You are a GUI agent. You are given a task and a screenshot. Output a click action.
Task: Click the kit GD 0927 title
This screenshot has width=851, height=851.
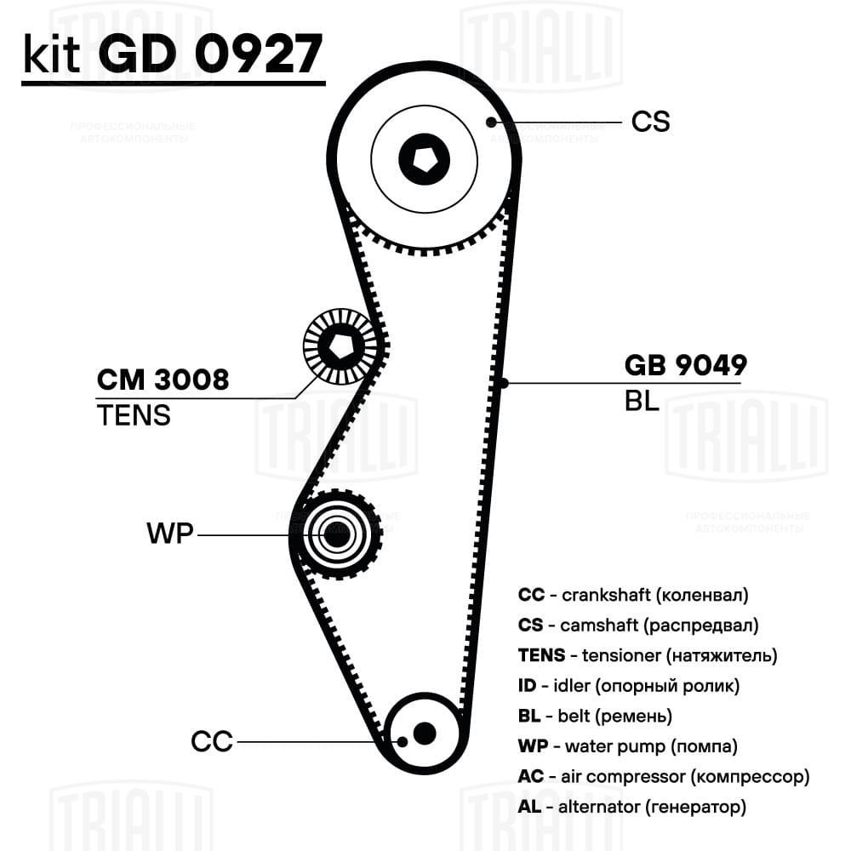(x=173, y=54)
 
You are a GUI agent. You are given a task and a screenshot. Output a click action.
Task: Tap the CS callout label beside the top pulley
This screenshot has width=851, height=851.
(x=650, y=122)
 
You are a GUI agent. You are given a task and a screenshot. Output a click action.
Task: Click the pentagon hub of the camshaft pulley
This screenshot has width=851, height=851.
(x=425, y=160)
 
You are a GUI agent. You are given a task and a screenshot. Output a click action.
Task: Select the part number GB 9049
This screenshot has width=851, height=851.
(x=685, y=365)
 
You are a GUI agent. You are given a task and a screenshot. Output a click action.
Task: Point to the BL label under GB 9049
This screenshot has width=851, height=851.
(x=642, y=401)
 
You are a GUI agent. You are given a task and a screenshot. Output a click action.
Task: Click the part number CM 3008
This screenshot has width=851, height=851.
(x=163, y=380)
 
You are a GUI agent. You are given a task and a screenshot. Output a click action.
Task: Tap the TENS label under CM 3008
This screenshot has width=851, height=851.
(x=134, y=415)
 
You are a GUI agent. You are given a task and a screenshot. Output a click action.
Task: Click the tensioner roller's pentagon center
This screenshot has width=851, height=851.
(x=341, y=346)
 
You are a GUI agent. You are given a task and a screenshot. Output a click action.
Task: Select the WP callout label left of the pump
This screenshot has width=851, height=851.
(x=170, y=533)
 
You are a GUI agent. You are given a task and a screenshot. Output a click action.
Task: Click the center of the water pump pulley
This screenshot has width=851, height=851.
(x=337, y=534)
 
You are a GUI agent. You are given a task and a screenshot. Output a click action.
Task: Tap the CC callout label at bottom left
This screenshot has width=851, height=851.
(x=212, y=741)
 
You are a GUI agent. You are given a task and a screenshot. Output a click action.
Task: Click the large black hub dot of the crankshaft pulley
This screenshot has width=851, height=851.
(x=425, y=734)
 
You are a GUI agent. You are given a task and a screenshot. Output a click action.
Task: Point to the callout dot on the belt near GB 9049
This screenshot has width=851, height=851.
(x=503, y=383)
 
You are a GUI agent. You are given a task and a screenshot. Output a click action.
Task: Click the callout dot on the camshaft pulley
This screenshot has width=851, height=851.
(x=491, y=122)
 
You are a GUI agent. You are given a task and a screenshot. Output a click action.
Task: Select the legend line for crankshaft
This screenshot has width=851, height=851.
(x=633, y=595)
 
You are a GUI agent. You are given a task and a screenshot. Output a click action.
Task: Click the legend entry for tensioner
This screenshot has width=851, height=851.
(x=648, y=655)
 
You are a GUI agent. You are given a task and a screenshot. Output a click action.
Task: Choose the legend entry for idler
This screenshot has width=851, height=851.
(x=629, y=686)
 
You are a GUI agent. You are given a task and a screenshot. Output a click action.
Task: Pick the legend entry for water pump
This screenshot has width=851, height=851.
(x=627, y=746)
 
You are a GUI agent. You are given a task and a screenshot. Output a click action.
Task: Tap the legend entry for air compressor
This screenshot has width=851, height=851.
(x=664, y=777)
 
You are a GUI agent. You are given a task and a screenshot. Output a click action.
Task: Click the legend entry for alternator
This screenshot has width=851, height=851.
(x=631, y=807)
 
